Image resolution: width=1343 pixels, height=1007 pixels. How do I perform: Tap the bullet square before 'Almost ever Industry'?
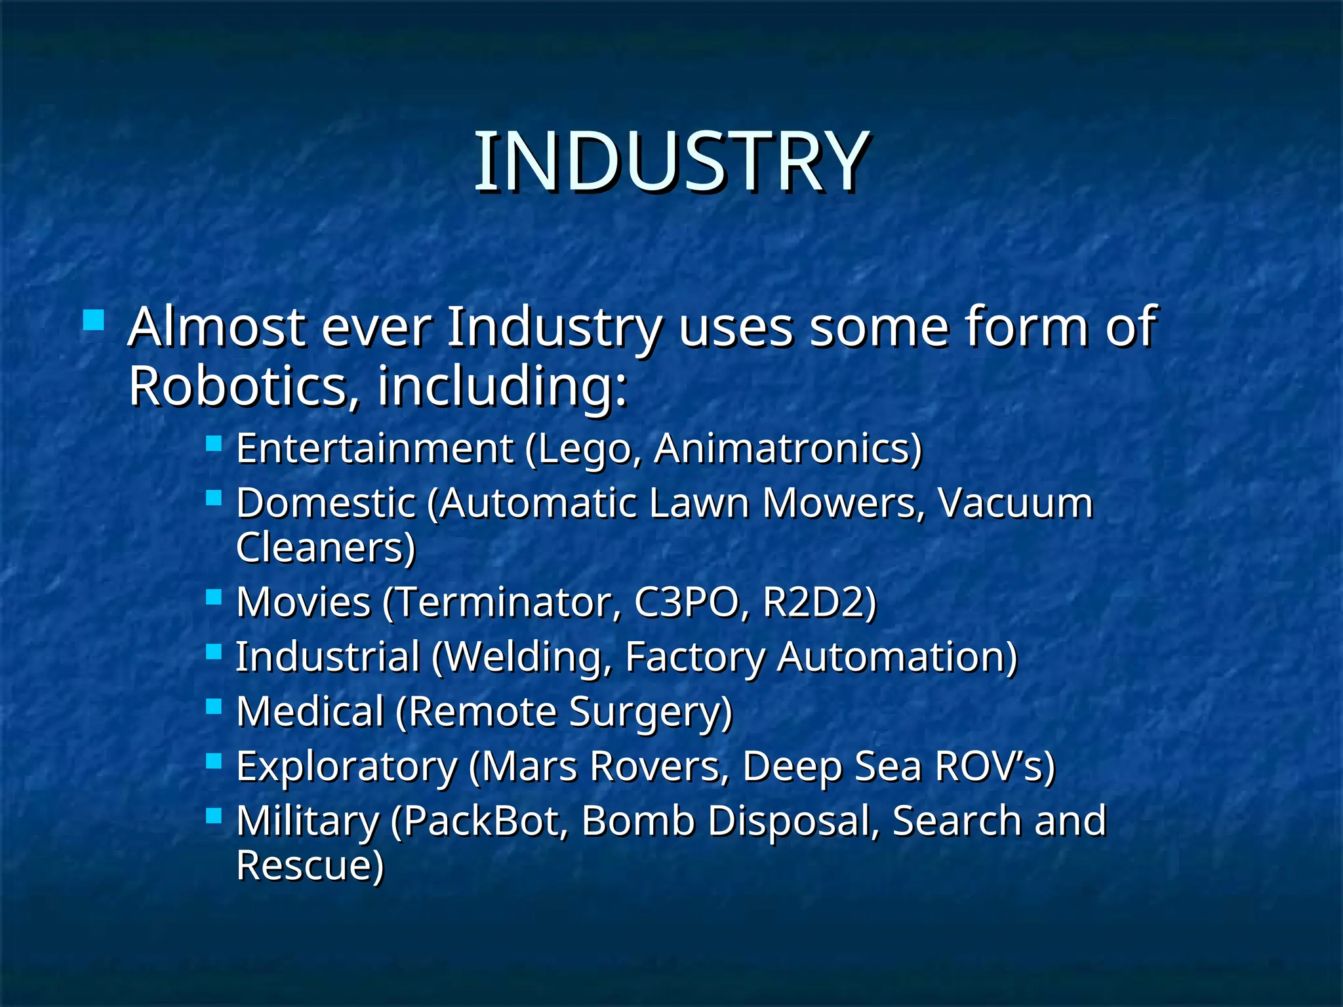(x=94, y=320)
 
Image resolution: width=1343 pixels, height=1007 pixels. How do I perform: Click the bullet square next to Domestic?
(x=214, y=498)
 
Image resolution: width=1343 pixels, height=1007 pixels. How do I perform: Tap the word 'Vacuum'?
(x=1015, y=503)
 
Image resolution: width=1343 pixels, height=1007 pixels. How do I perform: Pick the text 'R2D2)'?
(x=820, y=602)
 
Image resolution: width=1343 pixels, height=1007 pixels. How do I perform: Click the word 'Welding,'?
(x=522, y=658)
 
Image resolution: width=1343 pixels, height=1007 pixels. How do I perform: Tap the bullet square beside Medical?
(x=214, y=706)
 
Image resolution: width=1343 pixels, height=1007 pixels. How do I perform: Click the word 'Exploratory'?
(x=347, y=767)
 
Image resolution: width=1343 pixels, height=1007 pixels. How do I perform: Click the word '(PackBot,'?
(x=479, y=821)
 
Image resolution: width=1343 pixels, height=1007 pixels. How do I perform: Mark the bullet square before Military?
(x=214, y=816)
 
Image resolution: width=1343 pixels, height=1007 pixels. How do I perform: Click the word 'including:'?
(x=502, y=387)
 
